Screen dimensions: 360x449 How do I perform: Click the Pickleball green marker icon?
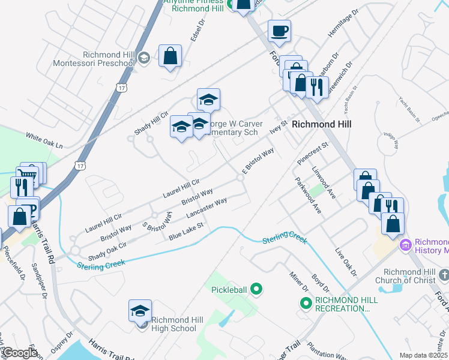(257, 290)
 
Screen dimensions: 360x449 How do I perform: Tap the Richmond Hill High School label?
(173, 324)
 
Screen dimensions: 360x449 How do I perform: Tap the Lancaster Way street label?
(206, 208)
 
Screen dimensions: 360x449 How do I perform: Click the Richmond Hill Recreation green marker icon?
(306, 304)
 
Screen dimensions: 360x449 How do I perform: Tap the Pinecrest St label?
(313, 153)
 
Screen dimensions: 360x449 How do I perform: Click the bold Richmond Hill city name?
(321, 124)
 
